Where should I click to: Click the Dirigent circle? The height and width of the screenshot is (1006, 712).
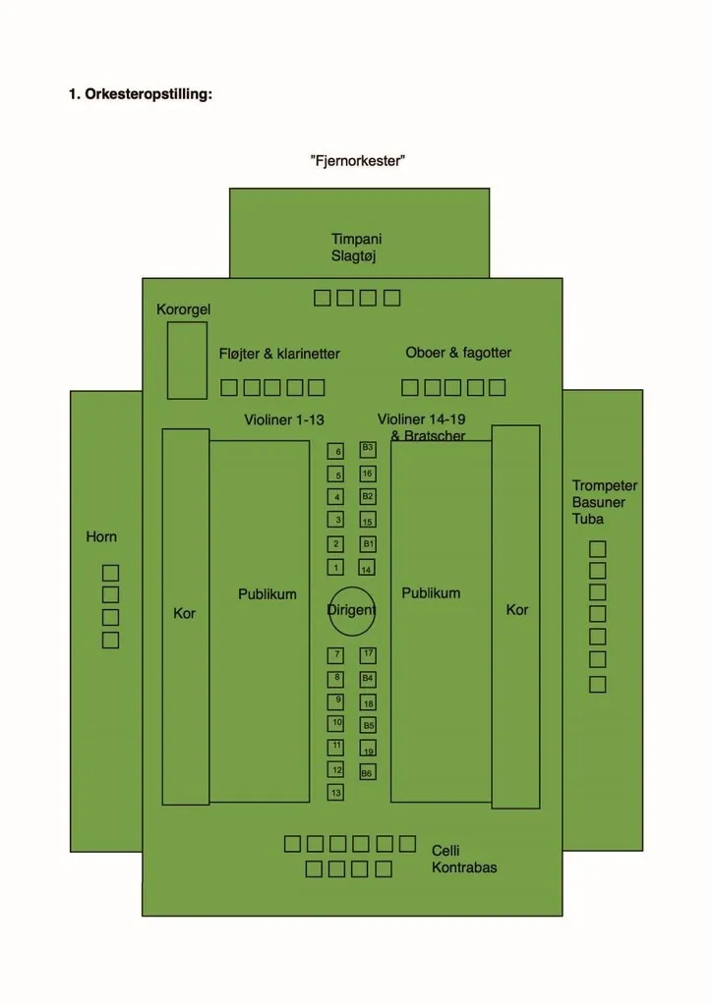(x=352, y=611)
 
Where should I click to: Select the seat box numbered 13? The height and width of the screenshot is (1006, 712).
(x=336, y=792)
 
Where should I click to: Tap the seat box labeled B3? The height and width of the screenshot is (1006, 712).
(x=368, y=449)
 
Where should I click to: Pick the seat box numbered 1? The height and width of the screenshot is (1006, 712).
(x=336, y=568)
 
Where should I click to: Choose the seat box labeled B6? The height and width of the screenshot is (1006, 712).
(x=367, y=773)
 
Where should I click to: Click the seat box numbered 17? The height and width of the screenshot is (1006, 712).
(x=368, y=654)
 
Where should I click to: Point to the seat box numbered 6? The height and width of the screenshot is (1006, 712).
(x=336, y=452)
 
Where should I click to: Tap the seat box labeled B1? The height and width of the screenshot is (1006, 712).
(x=368, y=543)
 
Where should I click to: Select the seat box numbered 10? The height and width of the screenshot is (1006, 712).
(x=336, y=723)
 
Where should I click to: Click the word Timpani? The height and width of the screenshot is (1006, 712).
(x=356, y=239)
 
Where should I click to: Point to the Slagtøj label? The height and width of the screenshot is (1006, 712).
(x=354, y=256)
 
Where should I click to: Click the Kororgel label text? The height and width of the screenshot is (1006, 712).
(x=184, y=309)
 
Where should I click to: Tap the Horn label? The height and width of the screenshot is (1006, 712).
(x=101, y=536)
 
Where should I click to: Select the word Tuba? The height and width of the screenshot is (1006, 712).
(x=588, y=519)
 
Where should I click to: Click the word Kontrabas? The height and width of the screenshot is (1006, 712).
(x=464, y=867)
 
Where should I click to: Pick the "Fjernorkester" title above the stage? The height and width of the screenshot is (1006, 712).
(x=357, y=160)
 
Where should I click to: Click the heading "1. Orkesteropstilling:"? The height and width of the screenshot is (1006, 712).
(x=141, y=94)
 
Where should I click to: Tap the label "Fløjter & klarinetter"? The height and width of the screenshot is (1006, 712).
(x=279, y=354)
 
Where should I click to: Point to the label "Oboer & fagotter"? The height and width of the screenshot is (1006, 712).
(x=458, y=353)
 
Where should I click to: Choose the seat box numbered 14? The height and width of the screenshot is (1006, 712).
(x=367, y=569)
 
